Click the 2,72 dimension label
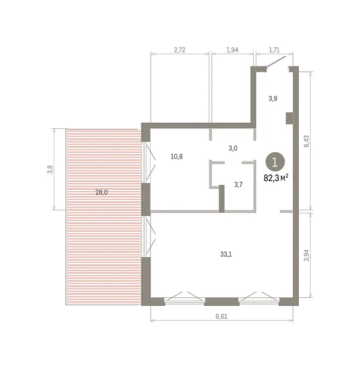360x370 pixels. (179, 50)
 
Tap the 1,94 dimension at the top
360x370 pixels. (232, 50)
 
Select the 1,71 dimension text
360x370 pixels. (274, 50)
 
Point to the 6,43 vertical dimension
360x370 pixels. (306, 141)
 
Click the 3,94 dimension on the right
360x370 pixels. (306, 255)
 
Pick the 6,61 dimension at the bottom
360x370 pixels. (221, 316)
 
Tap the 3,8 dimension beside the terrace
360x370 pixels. (50, 170)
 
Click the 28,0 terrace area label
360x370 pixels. (101, 192)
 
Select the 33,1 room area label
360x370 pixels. (226, 254)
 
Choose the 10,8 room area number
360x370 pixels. (177, 157)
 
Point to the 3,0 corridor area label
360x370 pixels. (233, 148)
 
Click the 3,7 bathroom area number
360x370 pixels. (238, 184)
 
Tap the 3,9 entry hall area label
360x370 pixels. (272, 99)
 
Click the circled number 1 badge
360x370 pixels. (275, 162)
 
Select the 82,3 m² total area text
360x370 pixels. (276, 178)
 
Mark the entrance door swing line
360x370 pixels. (276, 61)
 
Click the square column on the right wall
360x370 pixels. (290, 118)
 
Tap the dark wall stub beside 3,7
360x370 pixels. (222, 199)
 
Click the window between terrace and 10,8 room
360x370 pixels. (146, 162)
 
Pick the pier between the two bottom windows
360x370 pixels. (222, 302)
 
